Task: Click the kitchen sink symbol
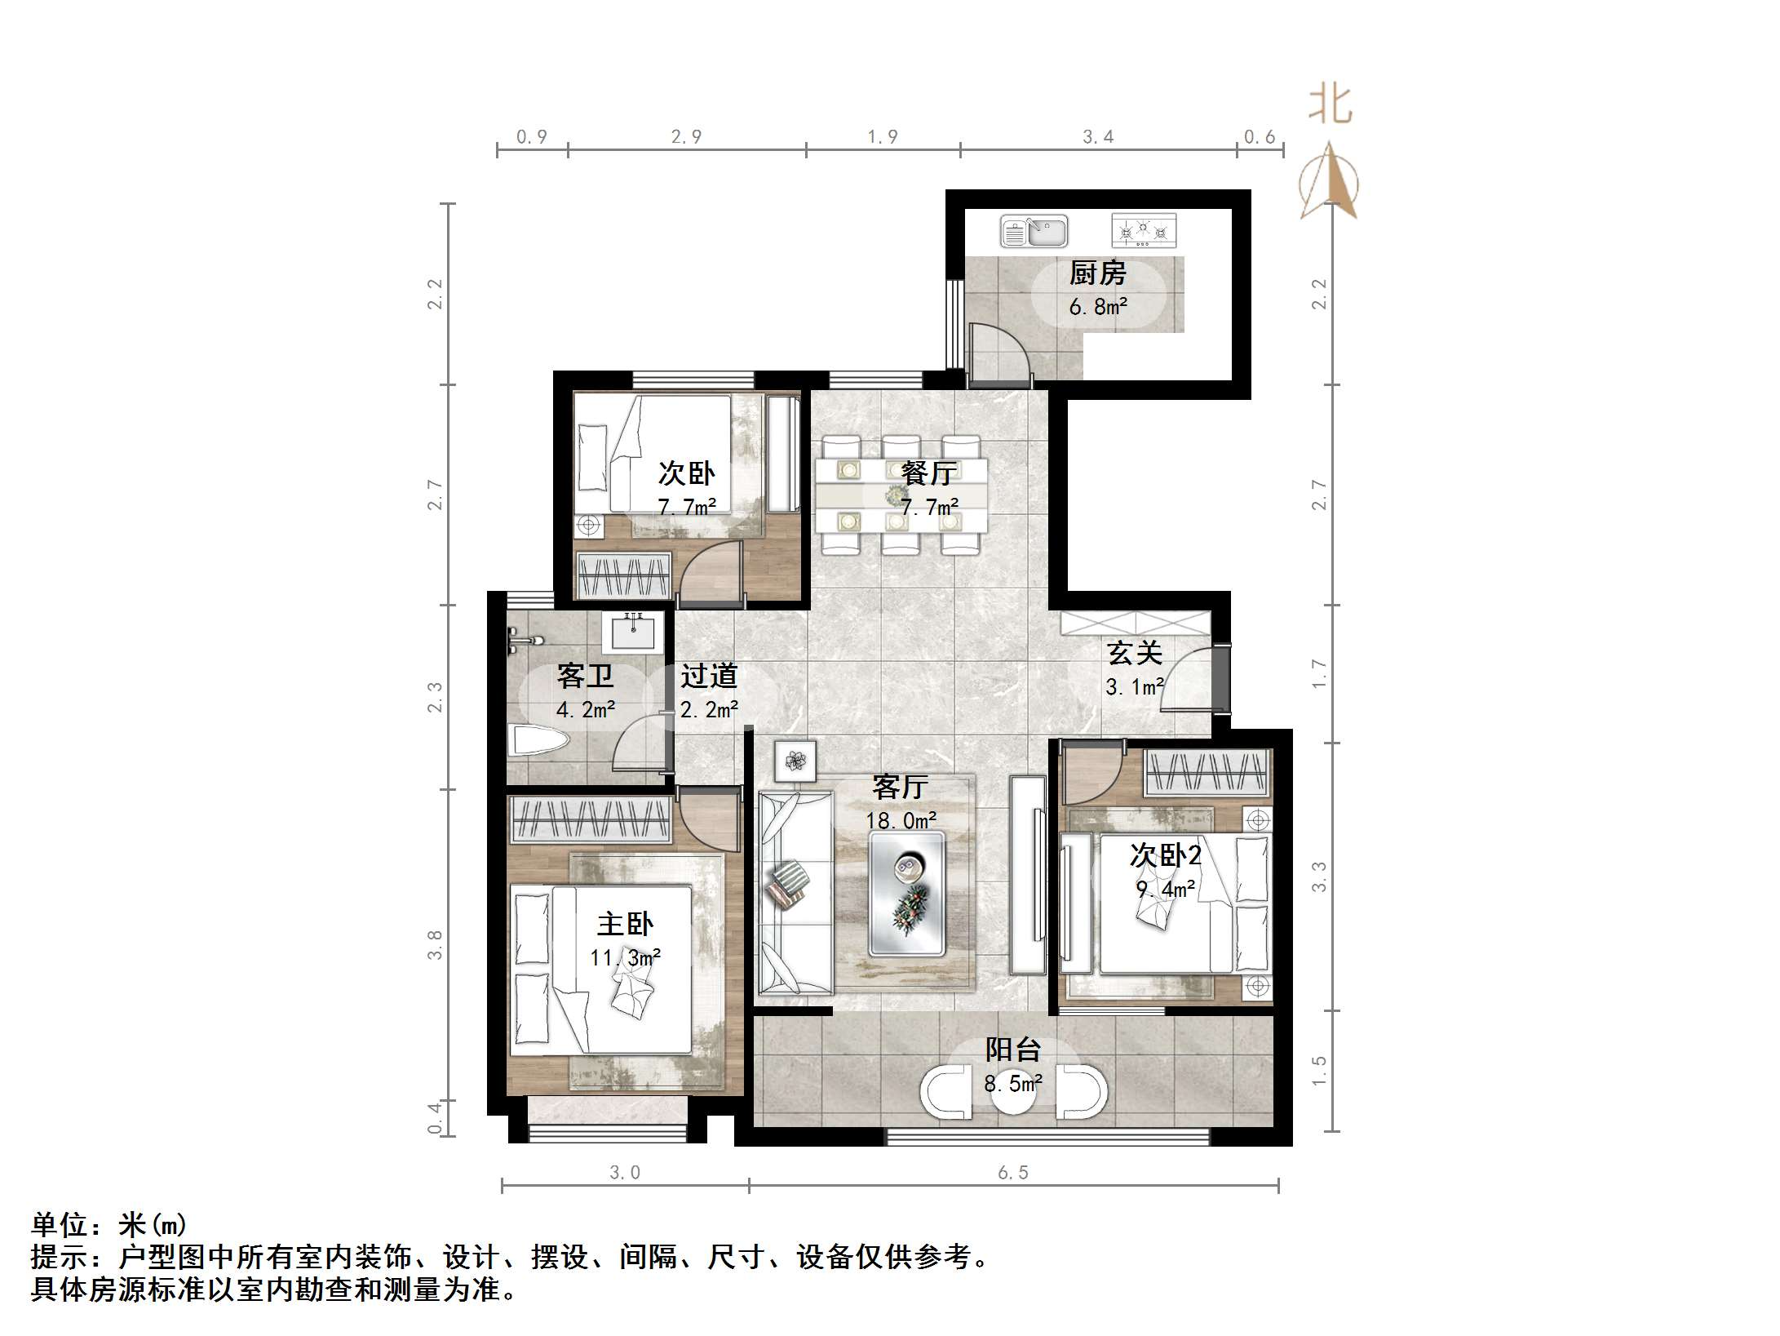point(1034,232)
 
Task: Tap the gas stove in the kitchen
point(1144,231)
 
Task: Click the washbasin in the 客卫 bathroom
point(633,631)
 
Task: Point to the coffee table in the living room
point(906,893)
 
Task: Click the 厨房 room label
point(1097,273)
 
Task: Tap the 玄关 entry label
point(1135,653)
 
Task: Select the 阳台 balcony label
point(1013,1050)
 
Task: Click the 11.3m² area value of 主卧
point(625,957)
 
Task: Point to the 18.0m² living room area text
point(901,820)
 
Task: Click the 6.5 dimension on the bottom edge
point(1013,1173)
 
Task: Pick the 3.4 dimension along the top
point(1098,136)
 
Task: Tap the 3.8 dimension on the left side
point(436,944)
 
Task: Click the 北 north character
point(1331,105)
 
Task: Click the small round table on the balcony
point(1014,1092)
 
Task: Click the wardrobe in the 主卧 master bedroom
point(591,819)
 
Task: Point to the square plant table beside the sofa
point(795,761)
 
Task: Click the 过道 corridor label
point(709,676)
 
